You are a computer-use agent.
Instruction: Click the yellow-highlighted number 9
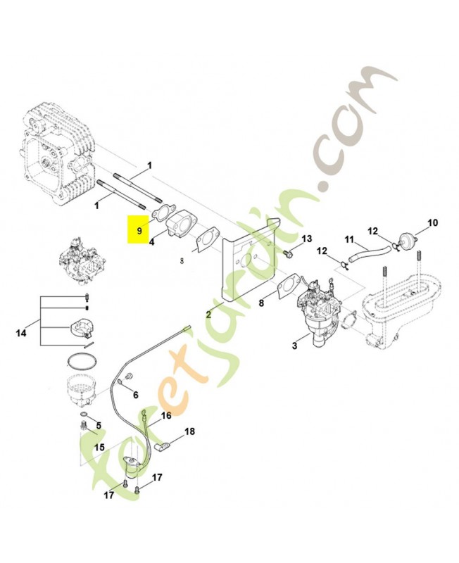(x=139, y=231)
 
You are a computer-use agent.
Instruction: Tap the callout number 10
(x=433, y=222)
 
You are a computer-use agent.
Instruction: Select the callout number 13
(x=307, y=239)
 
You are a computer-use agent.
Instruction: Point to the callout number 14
(x=21, y=333)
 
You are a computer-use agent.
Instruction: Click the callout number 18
(x=189, y=431)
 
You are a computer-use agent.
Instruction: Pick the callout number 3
(x=294, y=346)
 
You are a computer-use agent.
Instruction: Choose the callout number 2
(x=208, y=315)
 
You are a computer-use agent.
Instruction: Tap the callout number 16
(x=166, y=415)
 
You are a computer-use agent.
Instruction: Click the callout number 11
(x=349, y=239)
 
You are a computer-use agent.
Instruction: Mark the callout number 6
(x=135, y=395)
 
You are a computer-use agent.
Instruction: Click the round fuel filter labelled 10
(x=408, y=240)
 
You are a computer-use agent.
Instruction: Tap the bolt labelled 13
(x=288, y=253)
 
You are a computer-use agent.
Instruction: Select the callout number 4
(x=151, y=243)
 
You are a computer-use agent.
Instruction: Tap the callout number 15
(x=99, y=448)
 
